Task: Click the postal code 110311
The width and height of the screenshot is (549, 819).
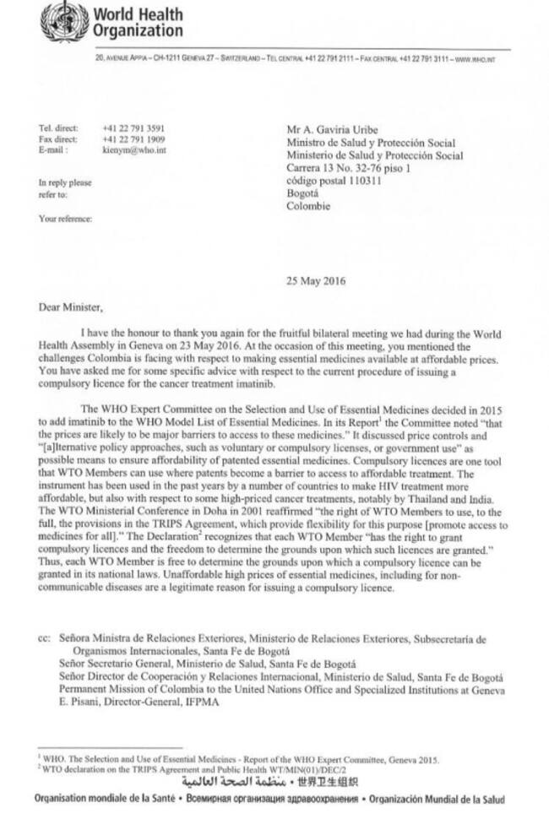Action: [356, 180]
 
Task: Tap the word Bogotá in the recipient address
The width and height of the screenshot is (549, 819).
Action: [305, 193]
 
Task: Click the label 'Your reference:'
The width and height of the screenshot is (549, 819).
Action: [66, 219]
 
